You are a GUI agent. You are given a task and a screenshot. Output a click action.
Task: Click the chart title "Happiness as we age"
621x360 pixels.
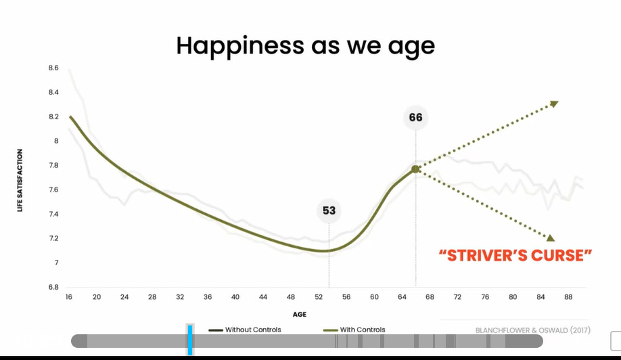(305, 45)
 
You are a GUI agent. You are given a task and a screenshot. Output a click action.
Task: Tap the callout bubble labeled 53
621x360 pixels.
(329, 210)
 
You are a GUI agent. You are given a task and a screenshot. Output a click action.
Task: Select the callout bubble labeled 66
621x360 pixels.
(415, 117)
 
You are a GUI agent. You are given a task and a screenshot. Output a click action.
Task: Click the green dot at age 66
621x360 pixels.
(415, 169)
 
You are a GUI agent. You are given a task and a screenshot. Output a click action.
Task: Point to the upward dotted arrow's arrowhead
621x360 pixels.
(554, 103)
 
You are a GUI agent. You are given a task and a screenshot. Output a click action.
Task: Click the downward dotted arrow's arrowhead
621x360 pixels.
(550, 238)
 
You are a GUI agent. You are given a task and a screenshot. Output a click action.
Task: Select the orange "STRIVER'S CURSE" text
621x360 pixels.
(515, 255)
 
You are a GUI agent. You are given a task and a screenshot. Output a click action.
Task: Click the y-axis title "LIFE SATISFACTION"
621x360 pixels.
(20, 180)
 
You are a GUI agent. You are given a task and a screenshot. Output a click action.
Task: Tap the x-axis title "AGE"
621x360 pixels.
(300, 314)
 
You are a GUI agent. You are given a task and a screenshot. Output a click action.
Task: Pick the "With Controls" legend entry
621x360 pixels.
(354, 330)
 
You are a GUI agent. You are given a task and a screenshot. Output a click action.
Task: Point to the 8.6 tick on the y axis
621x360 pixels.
(53, 68)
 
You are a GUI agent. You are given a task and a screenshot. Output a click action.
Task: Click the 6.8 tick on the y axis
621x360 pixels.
(53, 287)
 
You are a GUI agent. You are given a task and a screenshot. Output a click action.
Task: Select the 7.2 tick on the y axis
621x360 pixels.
(53, 238)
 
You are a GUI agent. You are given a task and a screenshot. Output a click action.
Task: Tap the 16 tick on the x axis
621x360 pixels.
(69, 297)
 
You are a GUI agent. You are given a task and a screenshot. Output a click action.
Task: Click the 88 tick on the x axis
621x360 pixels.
(568, 297)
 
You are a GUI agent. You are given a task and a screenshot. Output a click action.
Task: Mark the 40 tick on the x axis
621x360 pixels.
(235, 297)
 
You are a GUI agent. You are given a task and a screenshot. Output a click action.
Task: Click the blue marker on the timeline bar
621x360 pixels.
(190, 340)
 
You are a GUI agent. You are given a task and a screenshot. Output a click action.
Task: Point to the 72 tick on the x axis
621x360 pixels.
(457, 297)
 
